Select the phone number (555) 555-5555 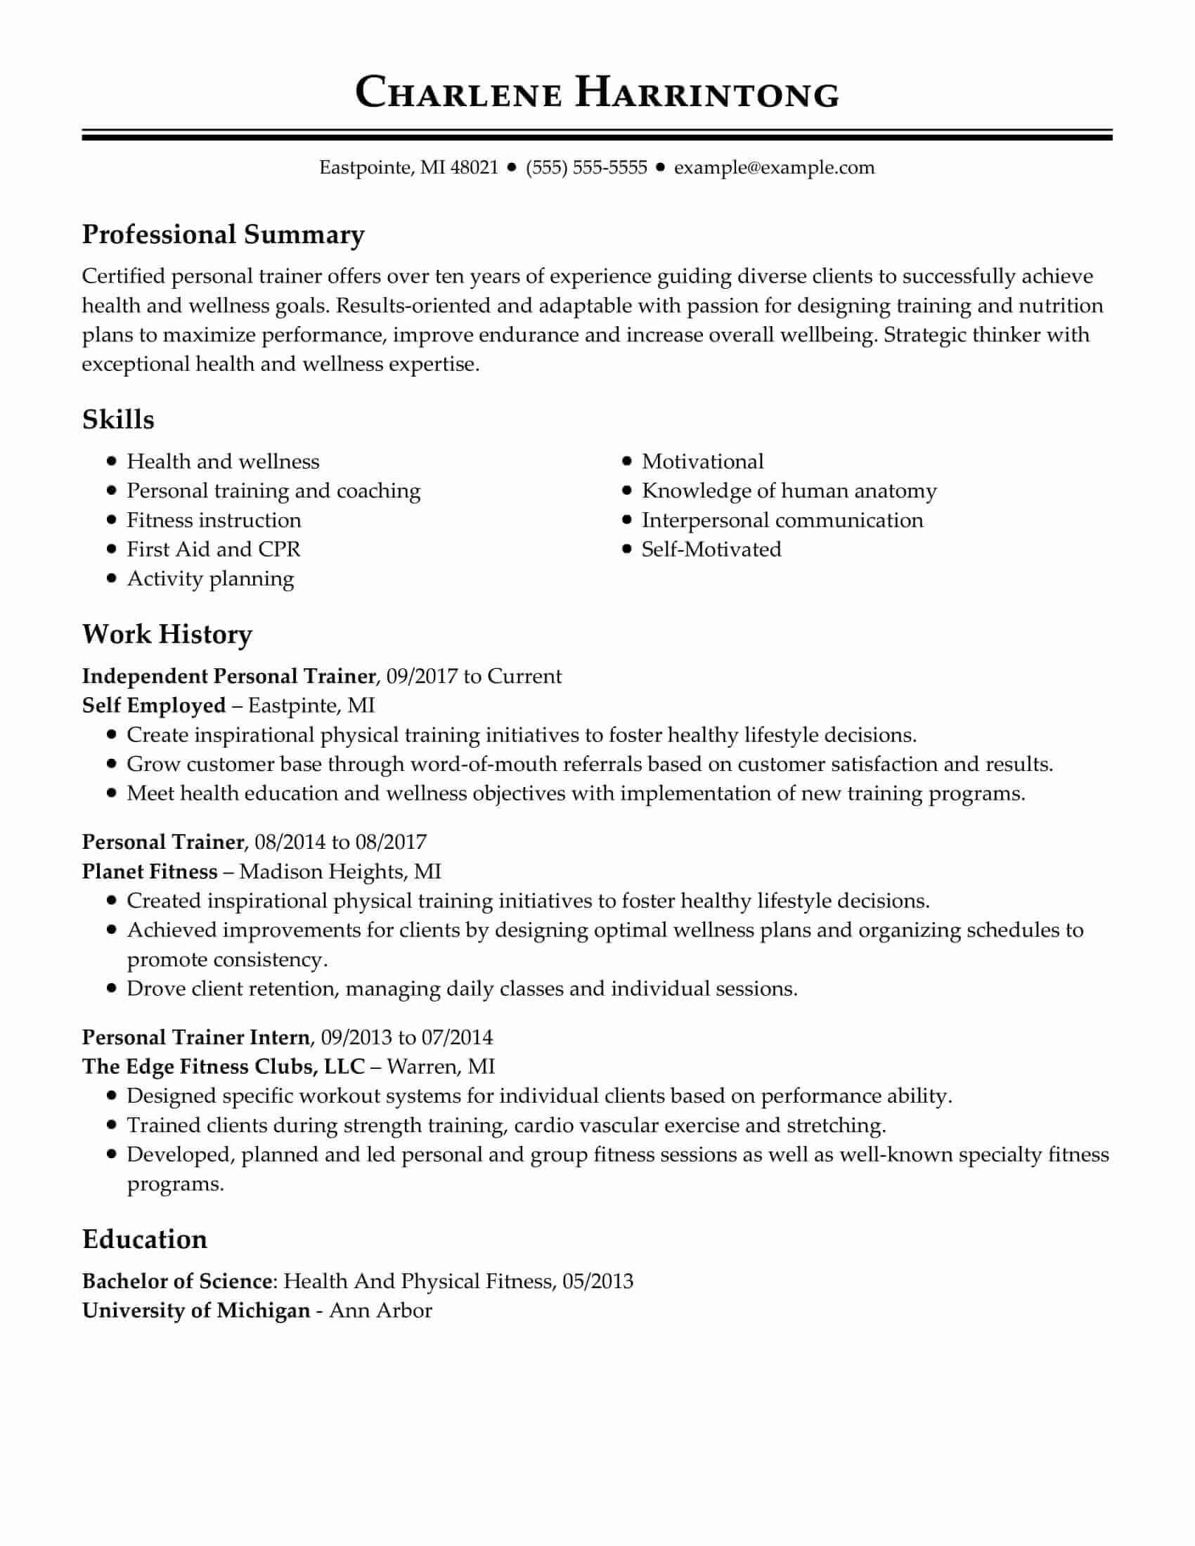click(x=586, y=168)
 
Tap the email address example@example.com click(x=774, y=168)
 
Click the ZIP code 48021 click(x=474, y=168)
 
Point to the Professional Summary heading click(x=223, y=234)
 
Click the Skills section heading click(x=118, y=420)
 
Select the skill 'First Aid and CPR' click(x=213, y=550)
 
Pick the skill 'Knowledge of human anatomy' click(x=789, y=491)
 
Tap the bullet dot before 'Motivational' click(x=626, y=462)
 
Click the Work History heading click(x=167, y=635)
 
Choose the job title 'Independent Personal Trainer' click(x=228, y=676)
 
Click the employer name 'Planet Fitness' click(x=149, y=871)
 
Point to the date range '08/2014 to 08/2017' click(x=340, y=842)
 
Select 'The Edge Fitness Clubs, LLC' click(x=223, y=1066)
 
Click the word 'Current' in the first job click(x=524, y=676)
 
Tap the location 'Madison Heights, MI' click(x=340, y=871)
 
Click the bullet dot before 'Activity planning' click(x=111, y=578)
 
